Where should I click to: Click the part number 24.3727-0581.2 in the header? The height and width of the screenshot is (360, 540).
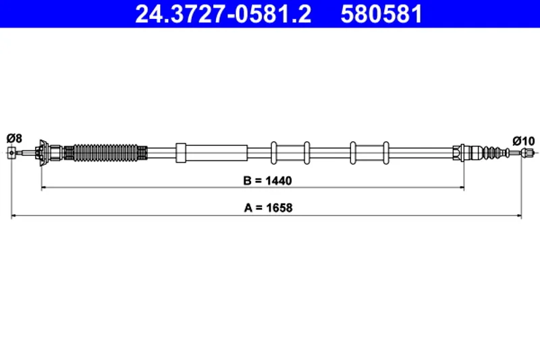[x=223, y=14]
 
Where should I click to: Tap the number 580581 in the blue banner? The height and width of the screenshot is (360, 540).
[x=381, y=14]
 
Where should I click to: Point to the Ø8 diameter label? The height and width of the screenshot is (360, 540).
[x=14, y=138]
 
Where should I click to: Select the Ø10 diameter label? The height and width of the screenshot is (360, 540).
[x=524, y=141]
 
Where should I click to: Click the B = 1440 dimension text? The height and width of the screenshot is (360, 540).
[x=267, y=180]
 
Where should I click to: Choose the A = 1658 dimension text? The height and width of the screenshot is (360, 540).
[x=268, y=208]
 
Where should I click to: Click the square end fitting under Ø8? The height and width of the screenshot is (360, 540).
[x=11, y=153]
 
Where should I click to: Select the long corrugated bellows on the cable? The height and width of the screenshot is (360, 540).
[x=106, y=152]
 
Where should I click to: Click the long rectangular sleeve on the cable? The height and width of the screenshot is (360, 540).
[x=211, y=153]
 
